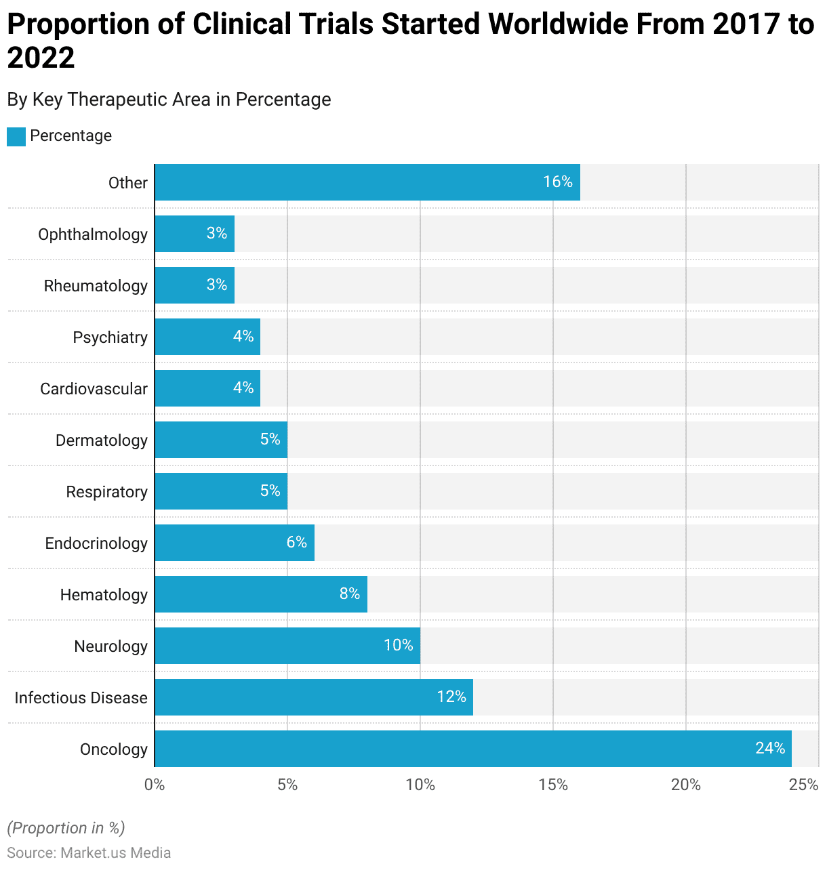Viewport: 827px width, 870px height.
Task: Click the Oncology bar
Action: [472, 749]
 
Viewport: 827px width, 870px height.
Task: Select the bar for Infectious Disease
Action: [313, 697]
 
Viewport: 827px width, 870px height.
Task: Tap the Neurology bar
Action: [287, 646]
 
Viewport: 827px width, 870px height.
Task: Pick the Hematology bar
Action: [260, 594]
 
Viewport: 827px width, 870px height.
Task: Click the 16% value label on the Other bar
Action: [558, 182]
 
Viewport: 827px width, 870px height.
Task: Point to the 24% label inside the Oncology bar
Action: [770, 748]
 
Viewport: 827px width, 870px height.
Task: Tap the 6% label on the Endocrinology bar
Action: [297, 542]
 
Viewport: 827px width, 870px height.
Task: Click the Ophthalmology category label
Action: [93, 234]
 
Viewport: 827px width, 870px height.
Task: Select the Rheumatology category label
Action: [96, 286]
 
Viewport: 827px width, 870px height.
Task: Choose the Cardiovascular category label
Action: [94, 389]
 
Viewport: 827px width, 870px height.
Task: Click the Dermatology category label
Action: [102, 440]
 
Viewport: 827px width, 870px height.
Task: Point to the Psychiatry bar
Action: [207, 337]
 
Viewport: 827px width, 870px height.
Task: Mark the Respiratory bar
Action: [220, 491]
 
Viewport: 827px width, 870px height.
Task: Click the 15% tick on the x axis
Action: [553, 785]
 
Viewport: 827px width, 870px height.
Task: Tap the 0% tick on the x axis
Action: [155, 785]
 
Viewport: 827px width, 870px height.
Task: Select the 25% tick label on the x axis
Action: [804, 785]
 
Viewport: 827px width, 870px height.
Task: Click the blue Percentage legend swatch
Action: [16, 136]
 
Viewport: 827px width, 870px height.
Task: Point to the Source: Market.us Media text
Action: [89, 852]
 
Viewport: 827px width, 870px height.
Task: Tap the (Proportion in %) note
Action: [66, 828]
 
